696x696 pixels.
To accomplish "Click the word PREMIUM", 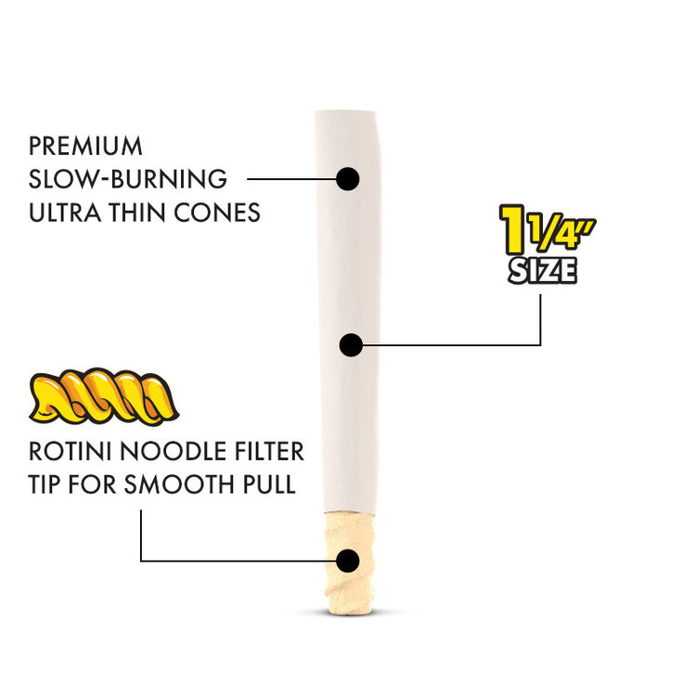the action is pyautogui.click(x=85, y=146).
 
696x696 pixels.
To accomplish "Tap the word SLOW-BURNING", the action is pyautogui.click(x=128, y=179).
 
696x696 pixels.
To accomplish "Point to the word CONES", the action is pyautogui.click(x=217, y=213).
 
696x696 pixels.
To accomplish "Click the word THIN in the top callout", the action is pyautogui.click(x=137, y=213).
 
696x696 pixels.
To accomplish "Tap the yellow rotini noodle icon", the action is pyautogui.click(x=104, y=396).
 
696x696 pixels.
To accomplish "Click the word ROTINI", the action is pyautogui.click(x=71, y=451).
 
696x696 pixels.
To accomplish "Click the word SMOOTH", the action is pyautogui.click(x=179, y=484).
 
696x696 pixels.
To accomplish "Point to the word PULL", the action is pyautogui.click(x=269, y=484).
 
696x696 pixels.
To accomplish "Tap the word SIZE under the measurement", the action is pyautogui.click(x=543, y=270).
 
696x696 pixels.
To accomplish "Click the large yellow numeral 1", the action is pyautogui.click(x=513, y=229).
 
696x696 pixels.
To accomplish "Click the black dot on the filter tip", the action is pyautogui.click(x=348, y=561).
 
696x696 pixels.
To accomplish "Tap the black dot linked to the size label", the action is pyautogui.click(x=351, y=345).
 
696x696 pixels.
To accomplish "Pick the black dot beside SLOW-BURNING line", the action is pyautogui.click(x=348, y=179).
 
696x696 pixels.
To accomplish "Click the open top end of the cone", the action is pyautogui.click(x=345, y=111).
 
